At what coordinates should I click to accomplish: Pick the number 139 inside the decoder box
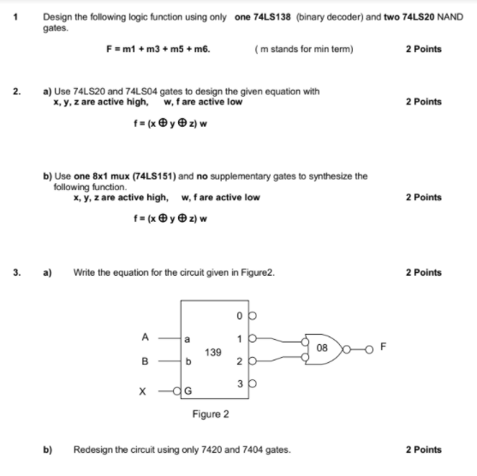coord(214,351)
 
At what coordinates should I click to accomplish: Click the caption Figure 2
coord(211,414)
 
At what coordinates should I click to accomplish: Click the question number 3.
coord(16,272)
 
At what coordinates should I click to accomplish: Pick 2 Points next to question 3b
coord(424,449)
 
